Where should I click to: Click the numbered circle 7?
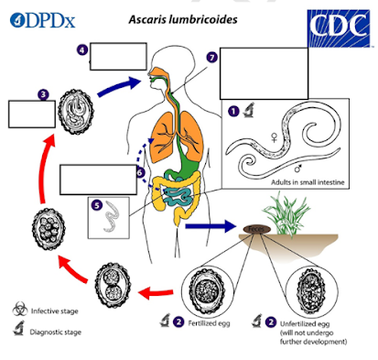[212, 57]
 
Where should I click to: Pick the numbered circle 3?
[42, 93]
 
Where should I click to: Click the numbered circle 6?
[140, 171]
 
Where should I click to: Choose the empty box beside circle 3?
[31, 114]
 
